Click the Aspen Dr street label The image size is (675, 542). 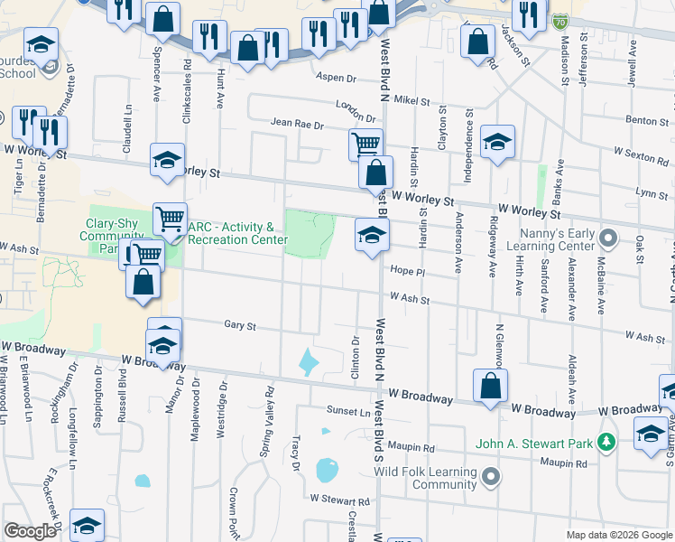(338, 78)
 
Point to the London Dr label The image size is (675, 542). (355, 110)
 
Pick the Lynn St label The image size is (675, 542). (651, 193)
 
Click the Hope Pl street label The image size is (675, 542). (407, 270)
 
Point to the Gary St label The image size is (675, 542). (240, 325)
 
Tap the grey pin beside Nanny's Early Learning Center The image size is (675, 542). (609, 239)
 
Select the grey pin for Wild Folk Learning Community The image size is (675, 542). (490, 476)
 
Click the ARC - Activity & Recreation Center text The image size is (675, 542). (236, 233)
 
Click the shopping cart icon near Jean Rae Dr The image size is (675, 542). (365, 143)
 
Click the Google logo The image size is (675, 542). (30, 531)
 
